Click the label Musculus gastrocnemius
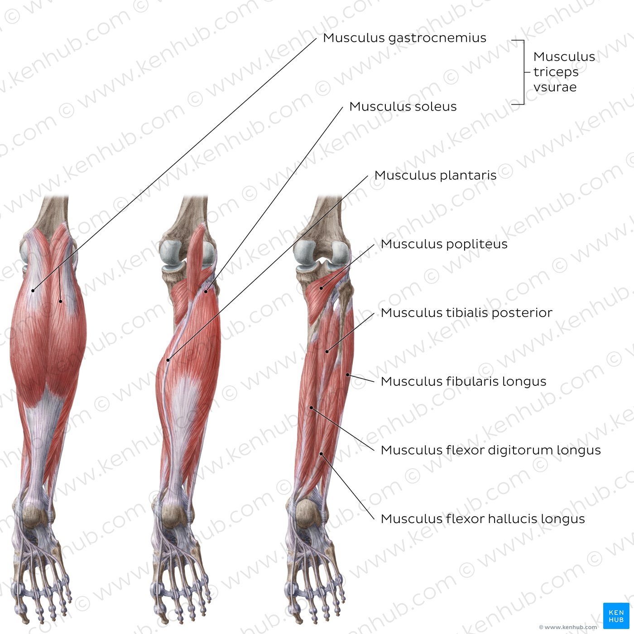coord(404,38)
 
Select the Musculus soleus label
coord(403,106)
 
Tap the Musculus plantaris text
coord(435,175)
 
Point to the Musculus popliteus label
coord(444,244)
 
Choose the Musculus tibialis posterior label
coord(466,313)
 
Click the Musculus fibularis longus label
coord(463,382)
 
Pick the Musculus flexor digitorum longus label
coord(490,450)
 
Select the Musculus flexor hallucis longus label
coord(483,519)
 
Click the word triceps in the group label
coord(556,72)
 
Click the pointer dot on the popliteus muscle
coord(322,288)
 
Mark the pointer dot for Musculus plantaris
coord(168,360)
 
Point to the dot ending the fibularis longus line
coord(347,375)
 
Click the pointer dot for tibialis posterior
coord(327,352)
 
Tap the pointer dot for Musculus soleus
coord(206,292)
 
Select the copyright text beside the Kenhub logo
coord(567,627)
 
